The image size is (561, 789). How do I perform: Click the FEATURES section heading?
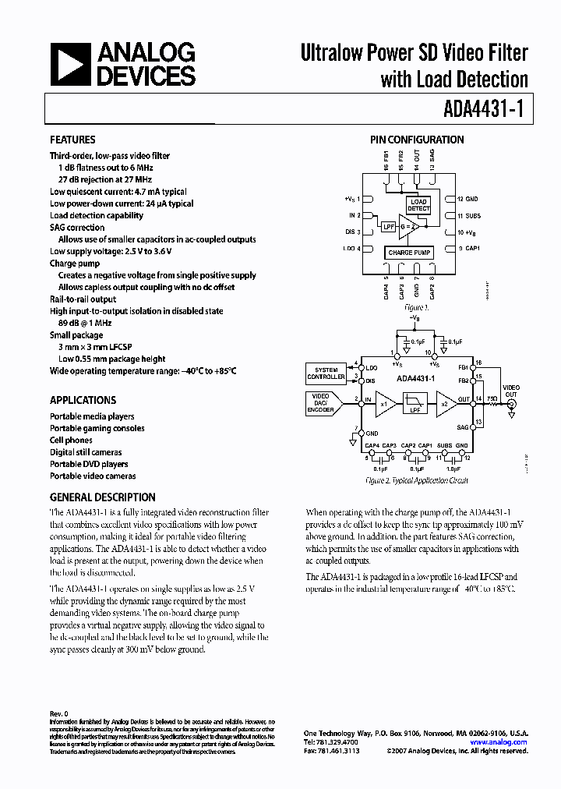(72, 140)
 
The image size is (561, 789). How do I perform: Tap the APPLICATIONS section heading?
(83, 400)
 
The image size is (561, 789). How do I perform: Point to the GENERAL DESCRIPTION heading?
(102, 497)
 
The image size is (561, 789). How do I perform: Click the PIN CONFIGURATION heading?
(417, 140)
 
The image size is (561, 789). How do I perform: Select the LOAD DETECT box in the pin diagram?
(418, 205)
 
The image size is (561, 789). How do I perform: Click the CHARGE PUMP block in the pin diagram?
(409, 253)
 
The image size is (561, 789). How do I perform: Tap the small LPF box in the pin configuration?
(388, 227)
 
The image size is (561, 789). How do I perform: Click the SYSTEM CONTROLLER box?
(326, 373)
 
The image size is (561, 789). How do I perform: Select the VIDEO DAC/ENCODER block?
(321, 402)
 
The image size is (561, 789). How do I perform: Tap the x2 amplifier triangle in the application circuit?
(445, 403)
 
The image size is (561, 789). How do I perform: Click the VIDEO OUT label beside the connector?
(510, 391)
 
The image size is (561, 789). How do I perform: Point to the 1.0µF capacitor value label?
(452, 469)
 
